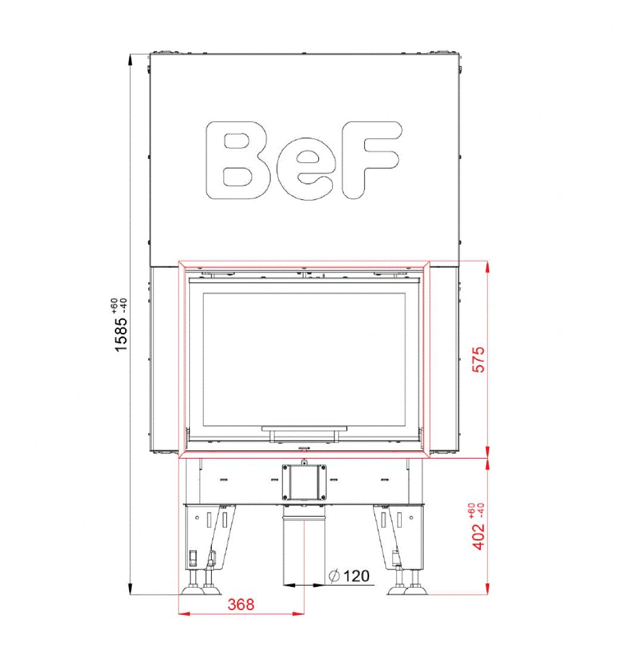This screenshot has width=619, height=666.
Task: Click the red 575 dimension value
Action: point(479,359)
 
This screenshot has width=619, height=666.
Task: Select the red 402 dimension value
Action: point(479,537)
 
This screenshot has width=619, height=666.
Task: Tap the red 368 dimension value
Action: point(240,604)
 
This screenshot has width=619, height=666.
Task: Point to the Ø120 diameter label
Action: point(349,576)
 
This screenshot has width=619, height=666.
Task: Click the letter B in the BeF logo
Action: point(237,160)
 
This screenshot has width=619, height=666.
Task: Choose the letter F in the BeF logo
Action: point(371,160)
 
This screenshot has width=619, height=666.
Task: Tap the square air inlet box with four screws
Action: point(304,482)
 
